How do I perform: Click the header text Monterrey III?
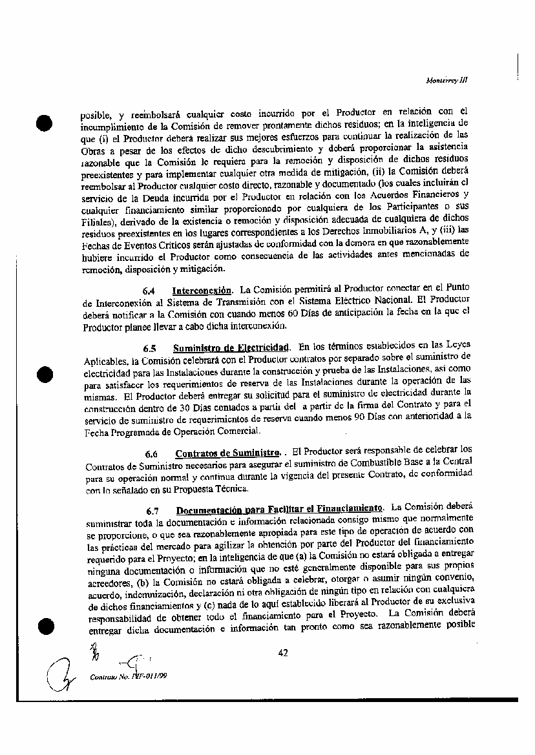pos(452,81)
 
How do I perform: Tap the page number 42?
pos(282,653)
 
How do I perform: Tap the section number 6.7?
pos(152,509)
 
